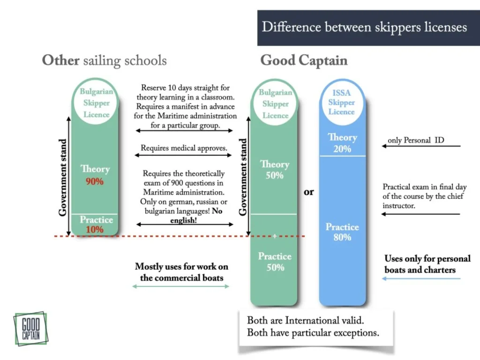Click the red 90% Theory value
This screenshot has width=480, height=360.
[x=94, y=181]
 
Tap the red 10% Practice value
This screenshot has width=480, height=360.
[x=95, y=230]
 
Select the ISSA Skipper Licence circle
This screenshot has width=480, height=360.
[x=341, y=103]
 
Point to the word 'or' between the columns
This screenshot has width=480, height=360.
[x=309, y=192]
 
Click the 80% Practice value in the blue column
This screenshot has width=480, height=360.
[x=342, y=238]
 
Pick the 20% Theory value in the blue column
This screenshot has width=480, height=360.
[x=342, y=149]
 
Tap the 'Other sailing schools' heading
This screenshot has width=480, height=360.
[x=104, y=60]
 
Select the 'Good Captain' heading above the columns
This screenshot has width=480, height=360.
[x=304, y=60]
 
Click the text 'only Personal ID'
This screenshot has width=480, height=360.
[x=416, y=140]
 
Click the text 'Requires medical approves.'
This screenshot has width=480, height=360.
[x=184, y=148]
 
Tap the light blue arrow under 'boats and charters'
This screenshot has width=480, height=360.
[x=421, y=279]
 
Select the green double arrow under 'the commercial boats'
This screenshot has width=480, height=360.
[x=181, y=286]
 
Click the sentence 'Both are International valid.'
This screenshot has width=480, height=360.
[x=305, y=321]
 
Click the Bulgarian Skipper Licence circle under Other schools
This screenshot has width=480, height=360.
[x=96, y=103]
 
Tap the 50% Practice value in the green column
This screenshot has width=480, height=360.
[x=274, y=268]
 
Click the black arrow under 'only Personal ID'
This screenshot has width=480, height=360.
[x=421, y=146]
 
